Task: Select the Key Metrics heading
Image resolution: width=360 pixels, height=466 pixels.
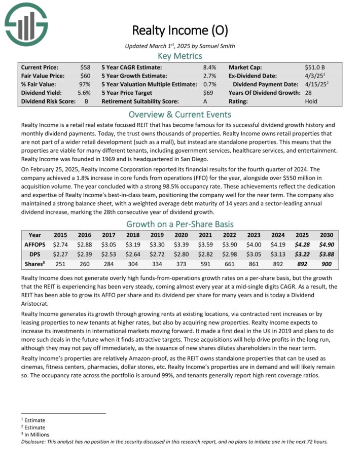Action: (179, 56)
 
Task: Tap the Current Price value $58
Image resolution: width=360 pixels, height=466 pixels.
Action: (86, 67)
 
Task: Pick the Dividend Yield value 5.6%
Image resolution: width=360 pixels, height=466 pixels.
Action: (84, 93)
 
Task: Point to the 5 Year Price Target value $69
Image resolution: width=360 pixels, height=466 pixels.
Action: (208, 93)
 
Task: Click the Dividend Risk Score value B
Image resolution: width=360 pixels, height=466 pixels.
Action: (87, 101)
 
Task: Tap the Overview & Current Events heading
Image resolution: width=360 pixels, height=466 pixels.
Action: (179, 114)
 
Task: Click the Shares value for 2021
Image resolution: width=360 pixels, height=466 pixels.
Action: (204, 264)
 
